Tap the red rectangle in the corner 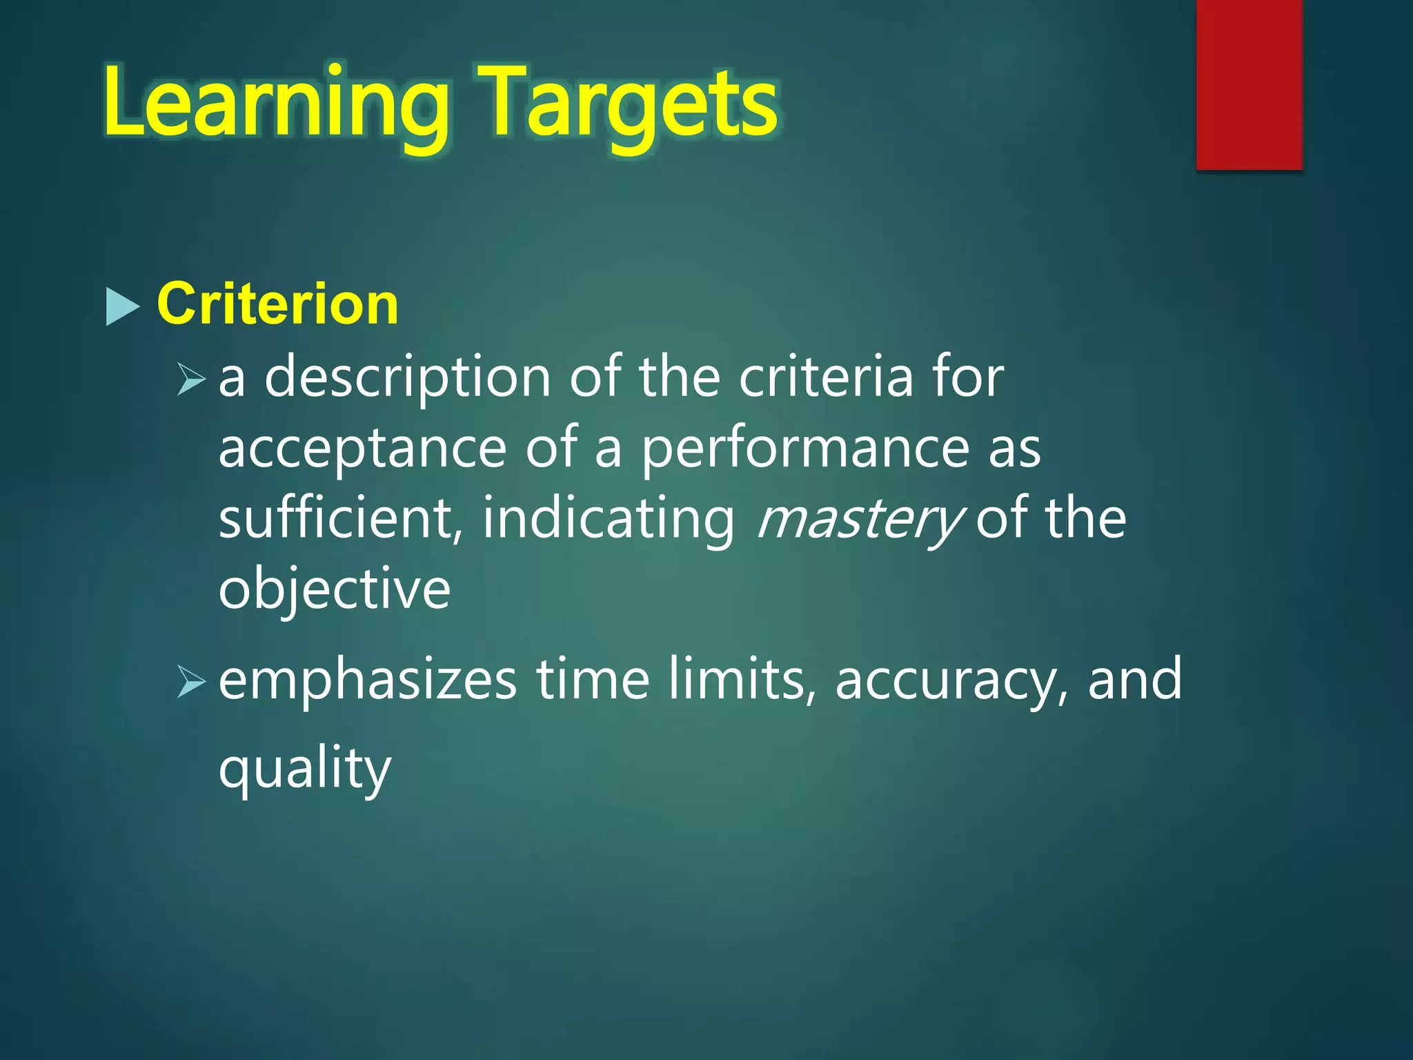(x=1249, y=84)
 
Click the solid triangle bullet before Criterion (x=123, y=306)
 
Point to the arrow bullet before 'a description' (x=190, y=379)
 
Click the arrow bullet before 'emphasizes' (x=190, y=680)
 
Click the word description (x=408, y=378)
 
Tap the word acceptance (x=363, y=449)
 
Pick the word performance (x=804, y=449)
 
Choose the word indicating (x=609, y=518)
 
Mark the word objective (x=334, y=589)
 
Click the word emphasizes (x=367, y=680)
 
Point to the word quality (x=304, y=769)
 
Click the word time (x=593, y=679)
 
